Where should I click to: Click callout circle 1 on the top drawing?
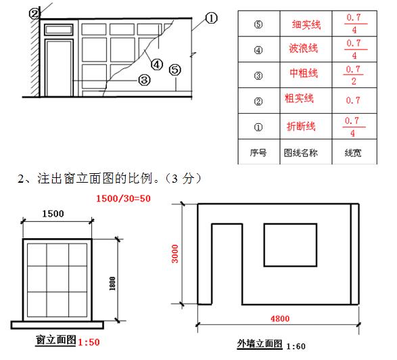click(211, 18)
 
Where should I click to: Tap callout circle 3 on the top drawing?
click(144, 80)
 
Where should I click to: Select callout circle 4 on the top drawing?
click(157, 64)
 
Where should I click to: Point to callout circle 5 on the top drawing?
click(175, 70)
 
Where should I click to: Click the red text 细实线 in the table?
click(306, 25)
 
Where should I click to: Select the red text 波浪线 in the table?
click(303, 48)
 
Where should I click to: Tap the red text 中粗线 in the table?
click(304, 73)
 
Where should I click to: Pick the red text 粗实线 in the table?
click(299, 98)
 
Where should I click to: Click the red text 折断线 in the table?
click(301, 126)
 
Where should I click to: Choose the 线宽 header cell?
click(353, 153)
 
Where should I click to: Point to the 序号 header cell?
click(258, 153)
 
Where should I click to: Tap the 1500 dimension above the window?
click(53, 214)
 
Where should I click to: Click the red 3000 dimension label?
click(175, 254)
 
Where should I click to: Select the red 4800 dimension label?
click(280, 319)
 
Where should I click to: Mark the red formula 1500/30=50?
click(123, 198)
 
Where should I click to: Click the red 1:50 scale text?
click(89, 342)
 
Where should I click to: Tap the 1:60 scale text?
click(296, 346)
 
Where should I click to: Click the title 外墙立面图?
click(260, 344)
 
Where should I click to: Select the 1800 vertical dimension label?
click(112, 284)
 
